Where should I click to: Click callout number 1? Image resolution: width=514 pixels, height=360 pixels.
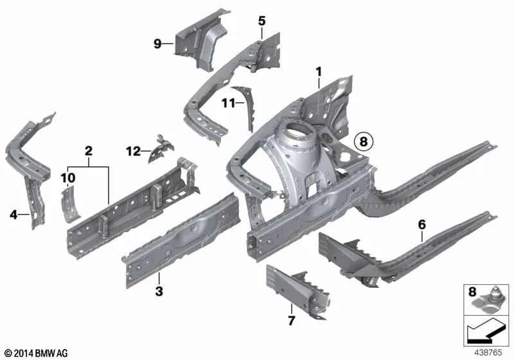click(x=317, y=71)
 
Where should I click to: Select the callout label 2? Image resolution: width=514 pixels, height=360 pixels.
click(x=89, y=152)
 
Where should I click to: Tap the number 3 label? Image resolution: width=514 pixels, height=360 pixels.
click(x=159, y=292)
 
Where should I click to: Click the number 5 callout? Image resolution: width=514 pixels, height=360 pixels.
click(x=261, y=21)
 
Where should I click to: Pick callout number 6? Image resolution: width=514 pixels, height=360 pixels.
click(x=421, y=224)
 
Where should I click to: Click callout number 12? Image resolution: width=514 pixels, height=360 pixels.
click(x=133, y=152)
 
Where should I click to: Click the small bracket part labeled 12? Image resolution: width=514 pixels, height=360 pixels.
click(x=160, y=147)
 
